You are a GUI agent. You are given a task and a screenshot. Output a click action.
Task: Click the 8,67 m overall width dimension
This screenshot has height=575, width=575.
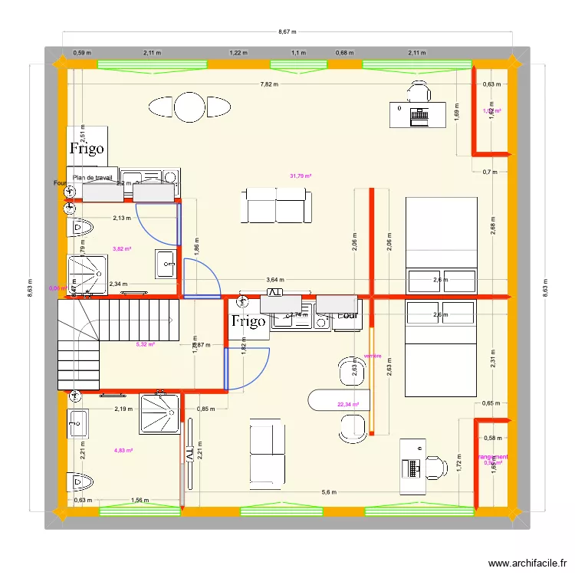pos(287,32)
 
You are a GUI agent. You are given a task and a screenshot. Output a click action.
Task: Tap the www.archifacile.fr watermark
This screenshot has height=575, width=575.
pos(523,563)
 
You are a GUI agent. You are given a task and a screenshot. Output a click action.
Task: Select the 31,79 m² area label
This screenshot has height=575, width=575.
pos(301,176)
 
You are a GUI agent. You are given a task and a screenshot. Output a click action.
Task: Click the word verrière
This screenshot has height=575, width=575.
pos(373,356)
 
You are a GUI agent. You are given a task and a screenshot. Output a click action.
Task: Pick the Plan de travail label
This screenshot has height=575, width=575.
pos(93,177)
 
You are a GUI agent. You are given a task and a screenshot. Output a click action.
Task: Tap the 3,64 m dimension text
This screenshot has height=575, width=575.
pos(274,281)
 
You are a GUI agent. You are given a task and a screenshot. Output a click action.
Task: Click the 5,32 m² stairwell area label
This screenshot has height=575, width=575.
pos(145,344)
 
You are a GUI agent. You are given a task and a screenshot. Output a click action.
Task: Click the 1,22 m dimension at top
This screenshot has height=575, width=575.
pos(238,53)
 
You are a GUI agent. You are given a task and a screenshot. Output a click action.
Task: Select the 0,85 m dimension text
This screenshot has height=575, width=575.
pos(205,409)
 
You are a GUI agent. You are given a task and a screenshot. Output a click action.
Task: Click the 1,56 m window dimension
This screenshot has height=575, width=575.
pos(141,501)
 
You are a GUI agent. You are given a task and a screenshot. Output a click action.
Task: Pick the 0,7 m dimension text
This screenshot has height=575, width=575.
pos(491,172)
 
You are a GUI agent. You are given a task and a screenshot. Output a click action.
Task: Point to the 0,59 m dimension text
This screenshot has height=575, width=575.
pos(82,53)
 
